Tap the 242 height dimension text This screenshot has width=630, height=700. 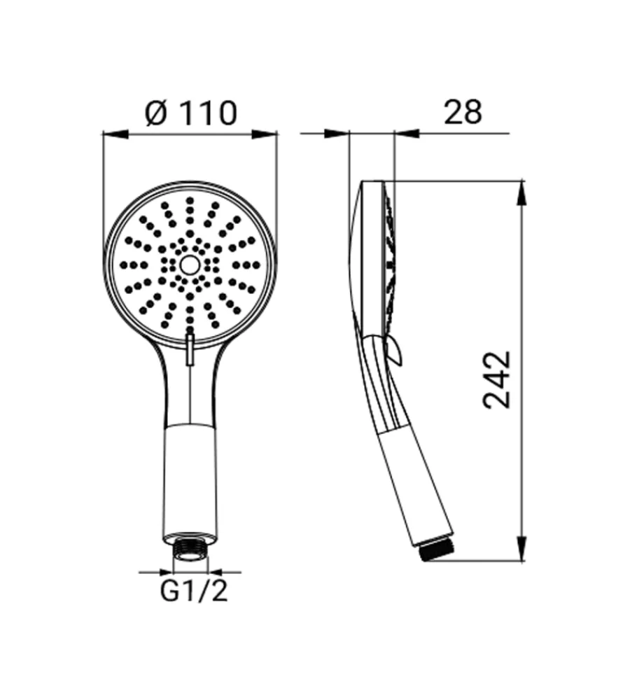[x=497, y=380]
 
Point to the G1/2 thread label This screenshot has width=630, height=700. [x=194, y=592]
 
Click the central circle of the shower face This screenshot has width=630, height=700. [x=190, y=265]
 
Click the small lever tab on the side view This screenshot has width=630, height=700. [x=395, y=349]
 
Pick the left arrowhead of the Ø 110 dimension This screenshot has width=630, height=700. [x=115, y=134]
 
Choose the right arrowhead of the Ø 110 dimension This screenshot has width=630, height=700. [x=265, y=134]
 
